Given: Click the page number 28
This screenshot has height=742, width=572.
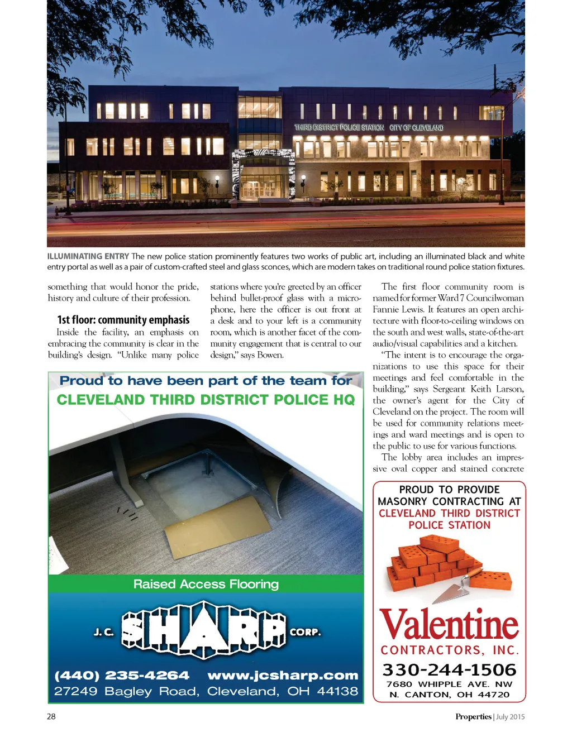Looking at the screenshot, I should click(x=51, y=716).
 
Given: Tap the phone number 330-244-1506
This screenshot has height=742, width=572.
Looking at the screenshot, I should click(x=449, y=669).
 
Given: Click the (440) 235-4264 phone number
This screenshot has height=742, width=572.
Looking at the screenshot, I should click(x=122, y=676).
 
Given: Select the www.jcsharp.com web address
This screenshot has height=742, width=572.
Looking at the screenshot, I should click(x=283, y=676).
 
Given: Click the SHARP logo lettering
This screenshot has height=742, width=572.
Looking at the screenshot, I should click(x=204, y=631).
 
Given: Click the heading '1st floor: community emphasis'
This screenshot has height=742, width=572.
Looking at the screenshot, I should click(x=123, y=320).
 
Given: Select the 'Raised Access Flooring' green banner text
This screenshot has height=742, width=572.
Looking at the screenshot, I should click(x=206, y=584).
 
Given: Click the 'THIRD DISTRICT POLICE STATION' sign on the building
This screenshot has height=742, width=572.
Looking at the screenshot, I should click(x=339, y=127).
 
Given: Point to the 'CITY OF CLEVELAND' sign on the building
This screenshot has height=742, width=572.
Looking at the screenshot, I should click(x=416, y=128).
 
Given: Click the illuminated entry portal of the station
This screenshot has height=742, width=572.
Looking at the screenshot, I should click(x=263, y=173).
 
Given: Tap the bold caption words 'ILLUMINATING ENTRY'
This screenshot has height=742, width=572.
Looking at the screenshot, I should click(x=88, y=256).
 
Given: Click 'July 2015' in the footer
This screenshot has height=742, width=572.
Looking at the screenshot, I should click(x=510, y=716).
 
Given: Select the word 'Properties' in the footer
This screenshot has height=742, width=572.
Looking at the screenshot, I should click(x=473, y=716).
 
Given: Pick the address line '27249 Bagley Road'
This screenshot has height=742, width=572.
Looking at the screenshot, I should click(x=126, y=691).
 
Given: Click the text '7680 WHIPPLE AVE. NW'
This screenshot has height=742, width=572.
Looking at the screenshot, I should click(x=449, y=684).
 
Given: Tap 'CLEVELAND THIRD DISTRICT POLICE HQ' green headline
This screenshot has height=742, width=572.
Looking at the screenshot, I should click(x=206, y=400).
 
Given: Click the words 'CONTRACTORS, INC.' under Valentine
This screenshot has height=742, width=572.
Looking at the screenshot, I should click(x=450, y=650).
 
